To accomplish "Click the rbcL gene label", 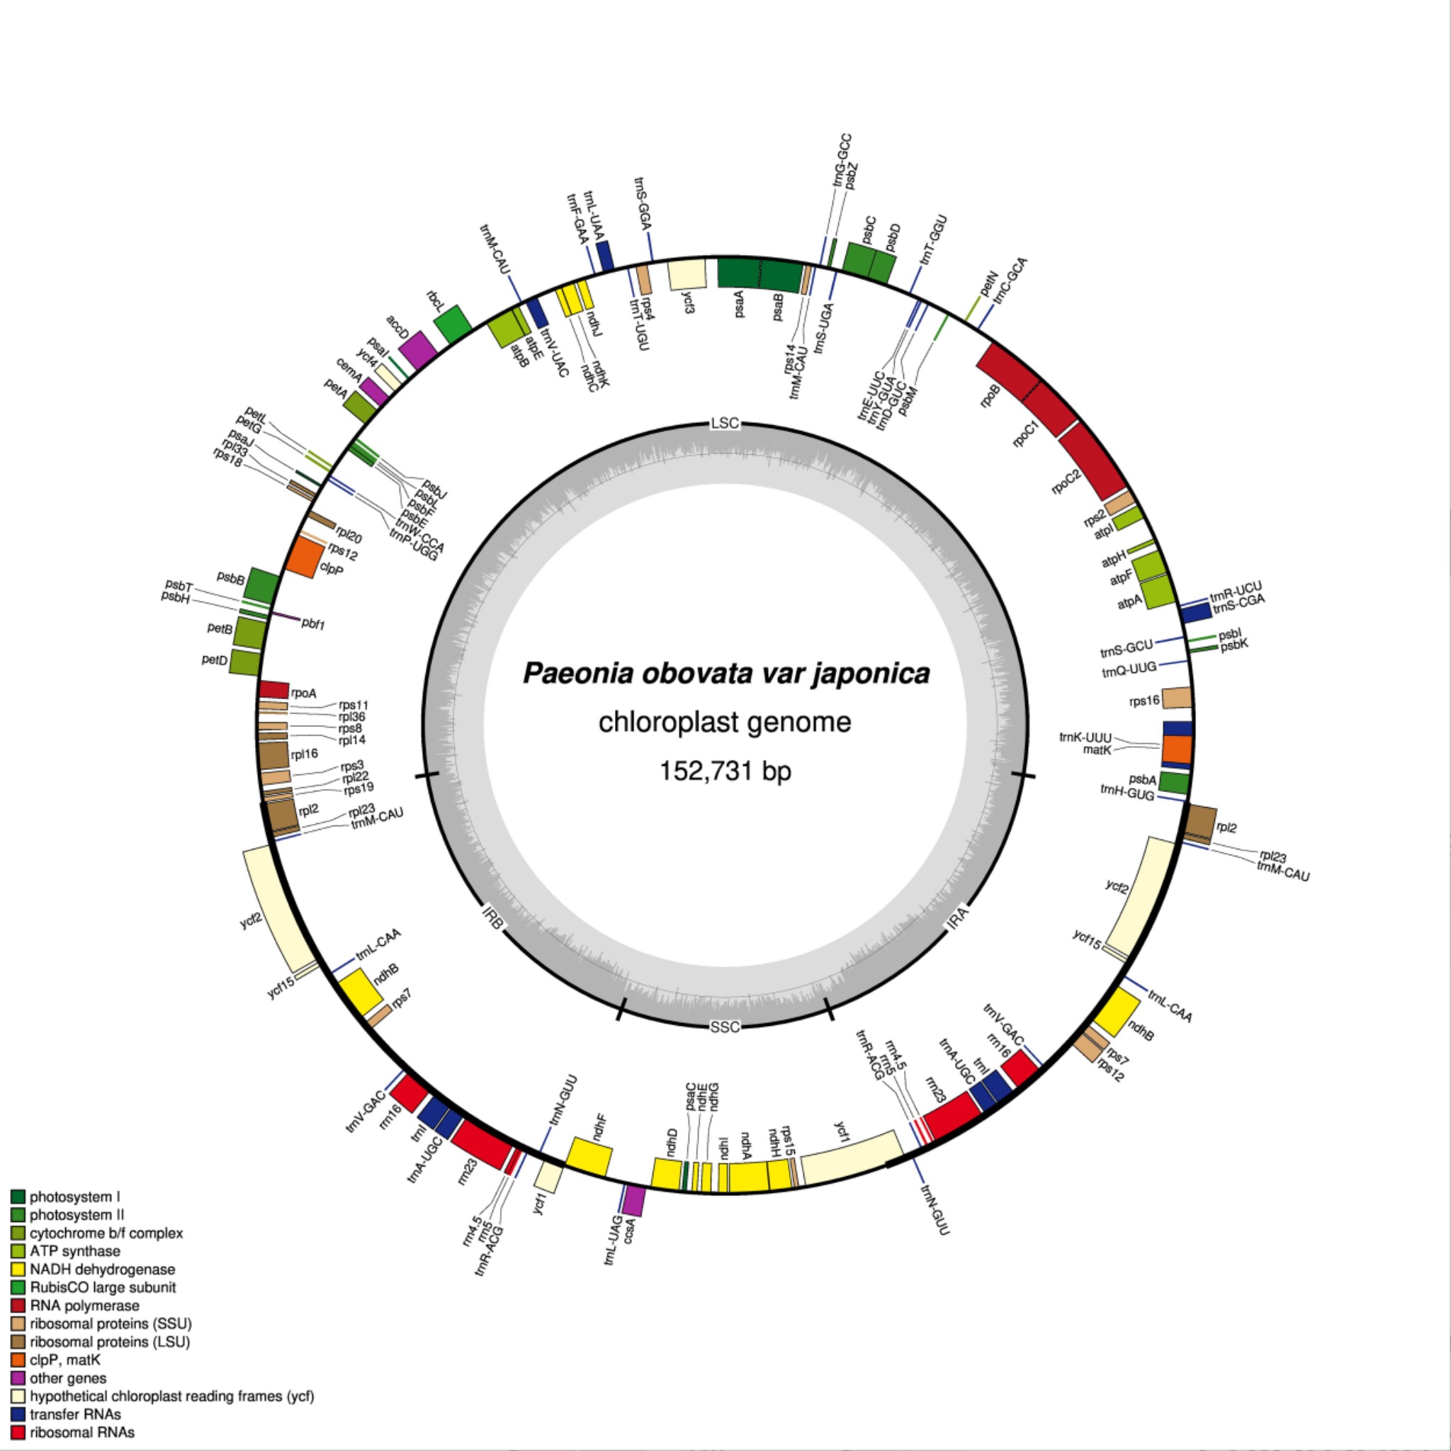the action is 436,299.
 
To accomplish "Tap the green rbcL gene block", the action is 453,325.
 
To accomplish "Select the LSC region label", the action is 725,424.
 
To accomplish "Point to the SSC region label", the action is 725,1027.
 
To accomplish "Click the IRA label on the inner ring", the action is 959,919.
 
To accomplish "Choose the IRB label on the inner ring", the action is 492,918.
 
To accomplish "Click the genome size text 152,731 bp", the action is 725,771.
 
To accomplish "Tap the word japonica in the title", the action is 871,673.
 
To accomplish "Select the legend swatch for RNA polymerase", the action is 18,1306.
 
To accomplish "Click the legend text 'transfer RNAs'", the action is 75,1415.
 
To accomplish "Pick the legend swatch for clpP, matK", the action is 18,1360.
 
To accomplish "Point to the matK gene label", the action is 1097,750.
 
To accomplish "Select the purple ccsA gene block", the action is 635,1200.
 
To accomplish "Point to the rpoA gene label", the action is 303,693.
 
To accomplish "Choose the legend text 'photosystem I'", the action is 74,1197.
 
